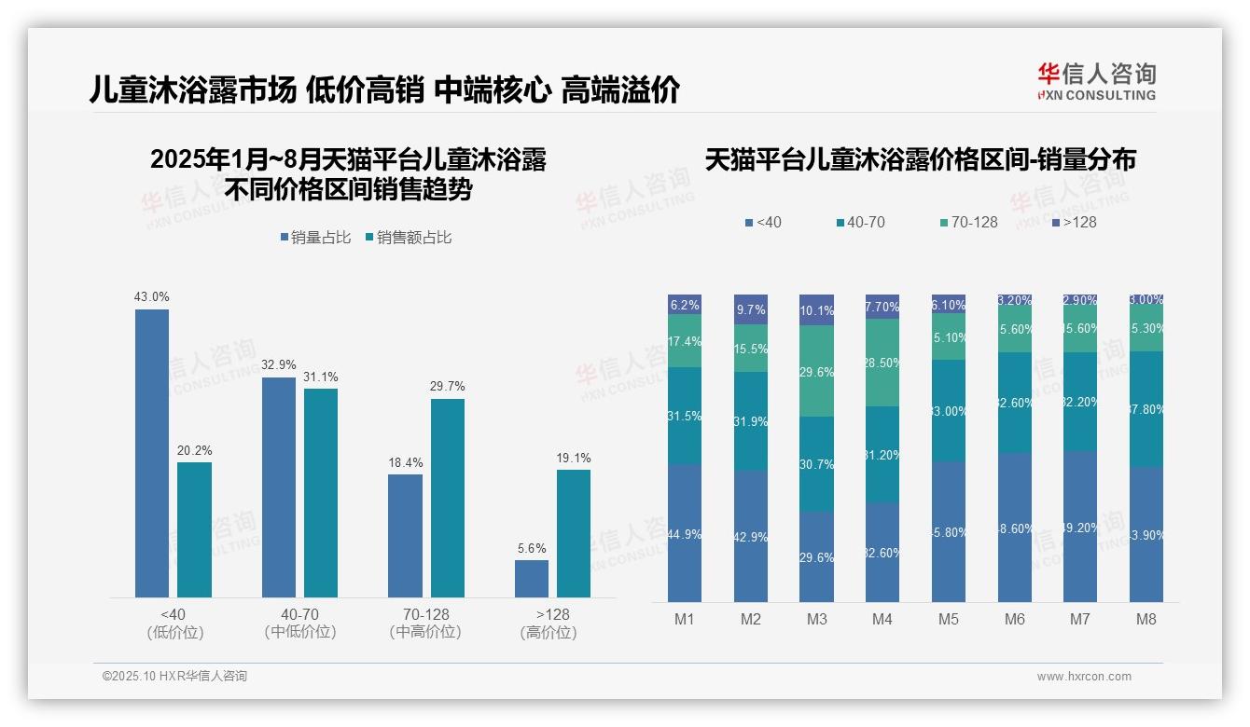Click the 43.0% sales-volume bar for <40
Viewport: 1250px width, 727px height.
tap(152, 453)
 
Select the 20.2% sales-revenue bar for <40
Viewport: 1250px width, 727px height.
tap(194, 529)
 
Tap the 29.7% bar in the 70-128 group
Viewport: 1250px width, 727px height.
tap(447, 498)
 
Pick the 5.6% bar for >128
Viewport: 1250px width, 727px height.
tap(532, 578)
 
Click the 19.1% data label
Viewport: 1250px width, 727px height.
tap(574, 459)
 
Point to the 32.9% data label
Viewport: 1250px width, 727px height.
tap(278, 365)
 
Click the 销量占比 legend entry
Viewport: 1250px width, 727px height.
tap(315, 238)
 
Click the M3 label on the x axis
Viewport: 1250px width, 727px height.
tap(816, 619)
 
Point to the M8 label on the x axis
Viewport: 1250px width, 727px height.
tap(1146, 619)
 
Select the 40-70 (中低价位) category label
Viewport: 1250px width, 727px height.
tap(299, 623)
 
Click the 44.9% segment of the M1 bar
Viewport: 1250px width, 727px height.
tap(685, 533)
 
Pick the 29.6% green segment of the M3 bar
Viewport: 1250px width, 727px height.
tap(816, 371)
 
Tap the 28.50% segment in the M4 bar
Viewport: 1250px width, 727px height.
tap(882, 363)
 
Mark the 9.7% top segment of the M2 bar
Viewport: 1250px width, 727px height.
tap(751, 309)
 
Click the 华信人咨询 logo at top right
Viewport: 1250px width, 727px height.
tap(1096, 81)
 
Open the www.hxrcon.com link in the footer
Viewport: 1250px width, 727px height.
tap(1084, 677)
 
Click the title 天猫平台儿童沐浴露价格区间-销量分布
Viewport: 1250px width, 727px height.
tap(920, 160)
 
